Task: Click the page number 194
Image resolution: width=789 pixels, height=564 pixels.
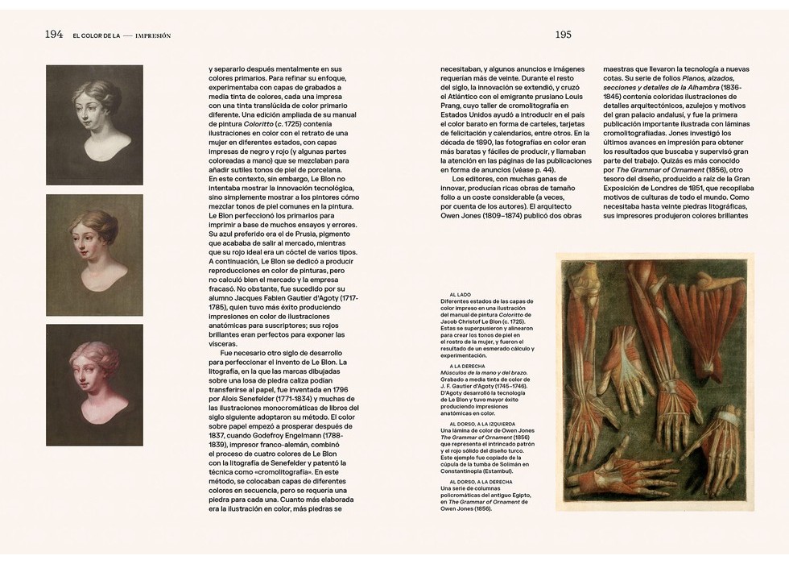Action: click(x=54, y=35)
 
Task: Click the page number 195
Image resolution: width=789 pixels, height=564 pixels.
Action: click(x=563, y=35)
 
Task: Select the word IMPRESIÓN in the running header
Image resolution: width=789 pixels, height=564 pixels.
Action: click(x=153, y=35)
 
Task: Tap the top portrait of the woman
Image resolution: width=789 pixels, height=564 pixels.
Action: click(x=94, y=124)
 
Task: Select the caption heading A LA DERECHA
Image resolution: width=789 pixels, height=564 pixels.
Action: click(x=467, y=365)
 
